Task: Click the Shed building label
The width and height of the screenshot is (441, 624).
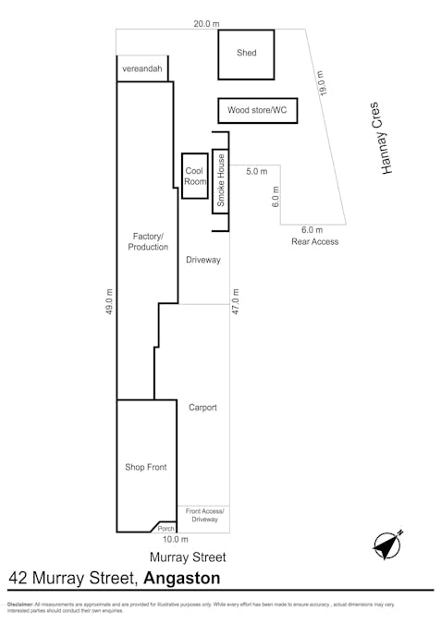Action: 246,54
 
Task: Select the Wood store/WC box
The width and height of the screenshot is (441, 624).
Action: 257,111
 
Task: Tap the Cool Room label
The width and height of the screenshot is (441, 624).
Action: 194,177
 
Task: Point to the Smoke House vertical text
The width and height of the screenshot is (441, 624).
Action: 221,180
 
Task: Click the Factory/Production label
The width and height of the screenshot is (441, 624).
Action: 148,242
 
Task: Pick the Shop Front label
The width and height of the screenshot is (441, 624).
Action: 145,468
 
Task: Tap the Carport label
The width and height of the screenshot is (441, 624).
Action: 202,408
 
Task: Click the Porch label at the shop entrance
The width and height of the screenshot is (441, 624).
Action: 165,528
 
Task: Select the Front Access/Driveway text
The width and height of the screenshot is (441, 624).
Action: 204,515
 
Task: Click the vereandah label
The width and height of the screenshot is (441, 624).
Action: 142,69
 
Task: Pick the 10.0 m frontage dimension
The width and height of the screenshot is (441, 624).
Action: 175,540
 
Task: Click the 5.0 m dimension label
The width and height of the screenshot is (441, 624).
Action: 256,172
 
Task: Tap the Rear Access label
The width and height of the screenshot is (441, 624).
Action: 314,241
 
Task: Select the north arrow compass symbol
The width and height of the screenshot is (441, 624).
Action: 388,544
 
